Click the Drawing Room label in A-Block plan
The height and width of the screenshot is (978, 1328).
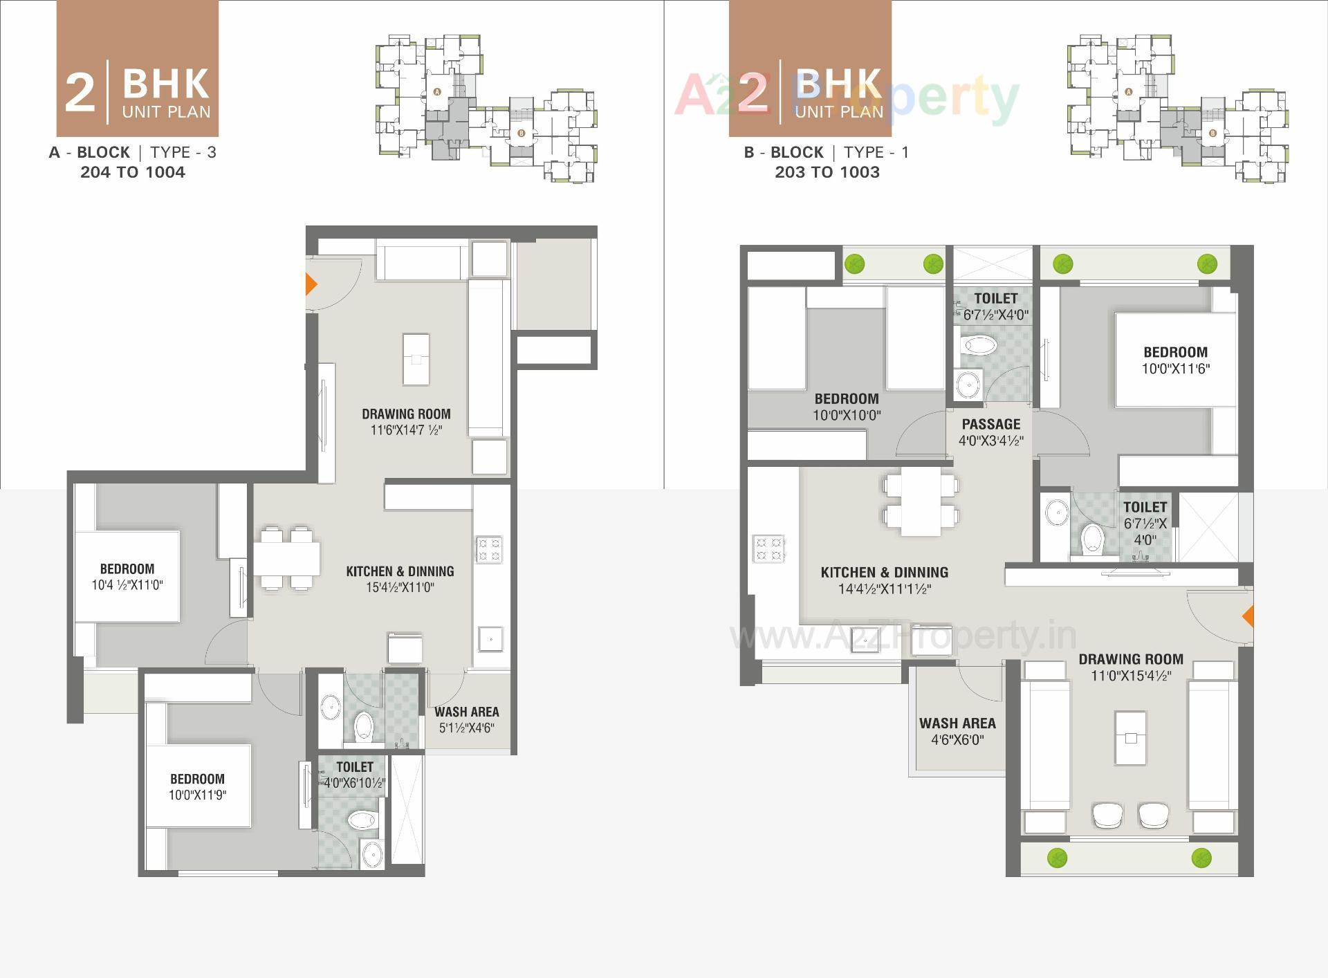point(406,414)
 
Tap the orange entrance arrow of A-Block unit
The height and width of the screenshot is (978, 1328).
point(311,284)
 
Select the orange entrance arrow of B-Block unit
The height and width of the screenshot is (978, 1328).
point(1248,616)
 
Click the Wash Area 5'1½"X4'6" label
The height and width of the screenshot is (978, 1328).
point(467,712)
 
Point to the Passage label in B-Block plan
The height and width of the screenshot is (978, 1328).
point(990,424)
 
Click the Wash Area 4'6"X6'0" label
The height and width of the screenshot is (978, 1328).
point(957,723)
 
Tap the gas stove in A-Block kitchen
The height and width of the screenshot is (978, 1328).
point(489,549)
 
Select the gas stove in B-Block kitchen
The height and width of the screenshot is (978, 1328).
point(768,548)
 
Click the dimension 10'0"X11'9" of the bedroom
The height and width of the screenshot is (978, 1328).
point(197,795)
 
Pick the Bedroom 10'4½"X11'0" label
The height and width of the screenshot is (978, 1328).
point(127,569)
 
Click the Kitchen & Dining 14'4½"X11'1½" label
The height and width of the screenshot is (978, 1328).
point(884,573)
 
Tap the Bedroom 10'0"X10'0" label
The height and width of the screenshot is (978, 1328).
point(847,399)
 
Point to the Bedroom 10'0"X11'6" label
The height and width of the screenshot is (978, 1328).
point(1175,352)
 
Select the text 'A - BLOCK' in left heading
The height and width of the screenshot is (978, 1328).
point(89,152)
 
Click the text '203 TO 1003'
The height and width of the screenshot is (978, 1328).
point(827,172)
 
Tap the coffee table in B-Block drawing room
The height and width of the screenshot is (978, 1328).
point(1130,738)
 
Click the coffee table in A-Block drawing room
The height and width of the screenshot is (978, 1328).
point(416,359)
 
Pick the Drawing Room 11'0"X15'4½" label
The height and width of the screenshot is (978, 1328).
point(1130,659)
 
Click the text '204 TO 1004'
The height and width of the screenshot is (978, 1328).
point(133,172)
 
